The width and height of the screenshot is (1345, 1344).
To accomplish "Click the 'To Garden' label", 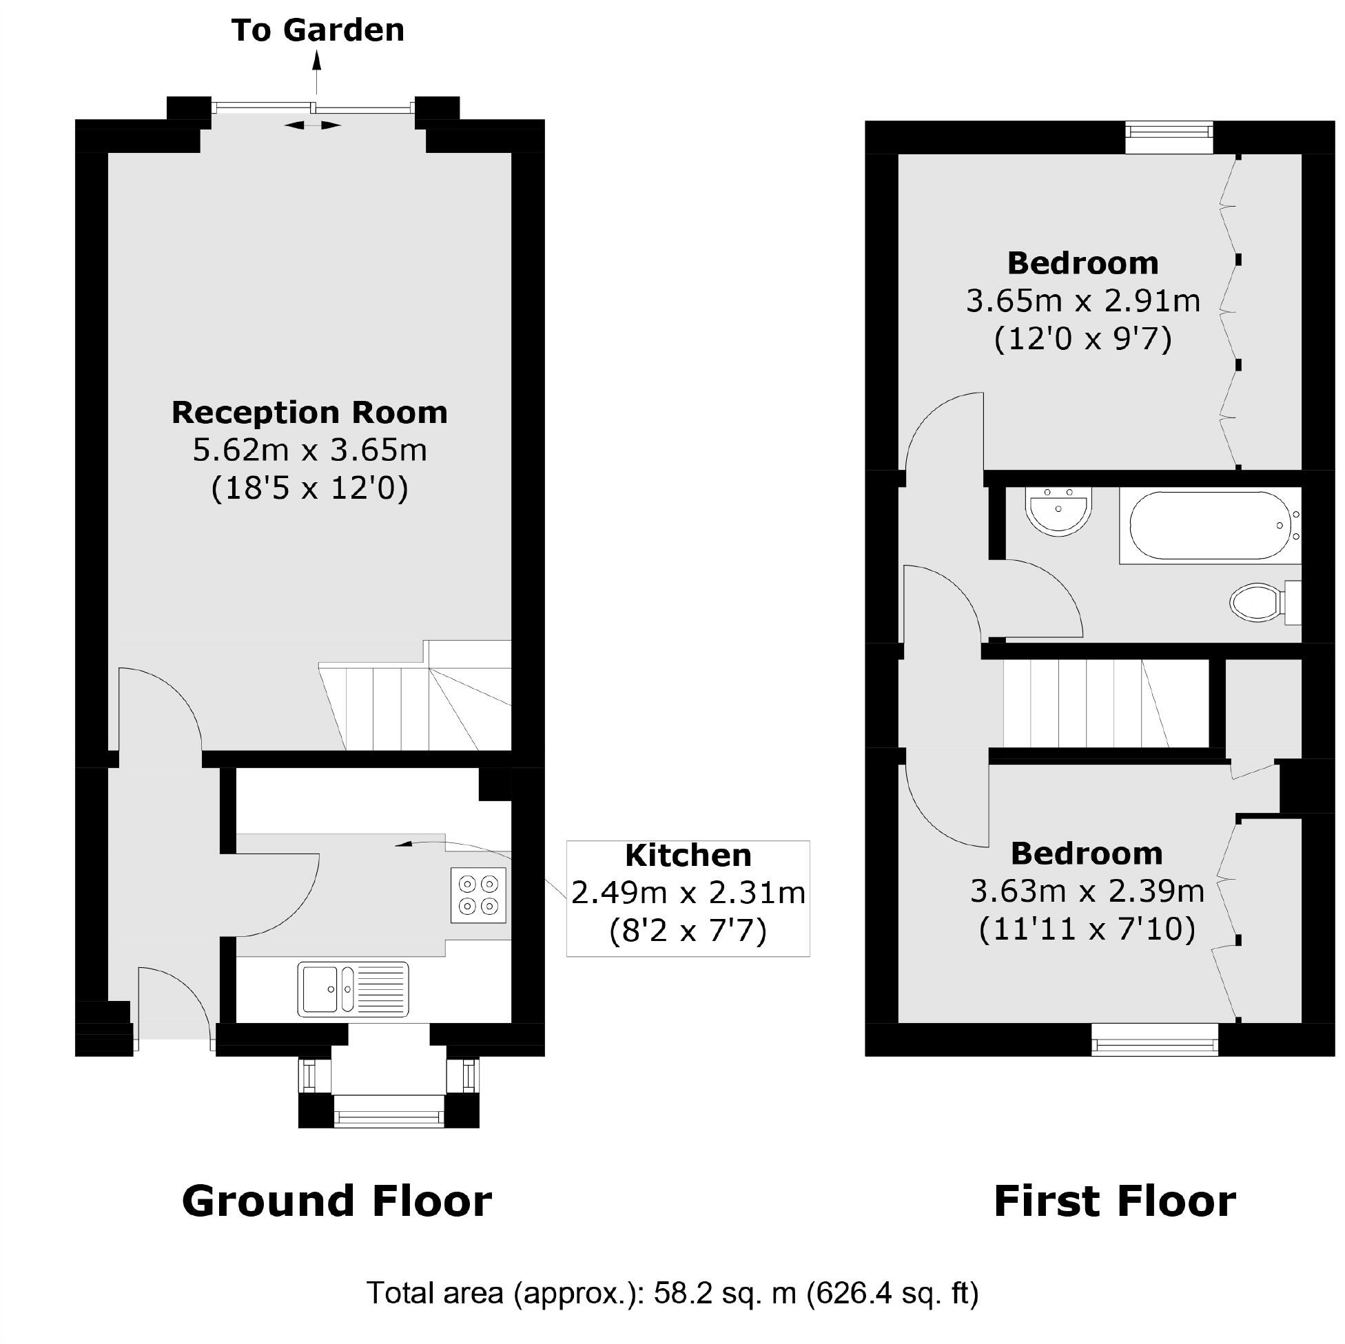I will pyautogui.click(x=318, y=30).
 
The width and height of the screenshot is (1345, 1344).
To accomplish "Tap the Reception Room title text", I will pyautogui.click(x=309, y=413).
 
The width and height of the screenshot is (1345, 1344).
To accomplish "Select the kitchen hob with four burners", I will pyautogui.click(x=478, y=894).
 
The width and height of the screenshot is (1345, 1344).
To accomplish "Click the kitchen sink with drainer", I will pyautogui.click(x=353, y=989).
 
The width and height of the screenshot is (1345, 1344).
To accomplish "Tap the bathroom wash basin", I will pyautogui.click(x=1058, y=510).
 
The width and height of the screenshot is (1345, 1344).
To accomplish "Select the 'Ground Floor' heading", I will pyautogui.click(x=336, y=1201).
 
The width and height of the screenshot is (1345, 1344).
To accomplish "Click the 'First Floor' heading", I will pyautogui.click(x=1115, y=1201).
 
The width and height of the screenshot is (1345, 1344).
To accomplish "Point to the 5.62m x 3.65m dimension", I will pyautogui.click(x=309, y=451).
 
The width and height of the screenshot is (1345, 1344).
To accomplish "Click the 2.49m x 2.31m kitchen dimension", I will pyautogui.click(x=688, y=892).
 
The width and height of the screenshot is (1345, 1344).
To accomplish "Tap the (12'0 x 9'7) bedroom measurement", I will pyautogui.click(x=1082, y=340).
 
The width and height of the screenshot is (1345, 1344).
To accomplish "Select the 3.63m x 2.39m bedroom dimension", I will pyautogui.click(x=1087, y=891).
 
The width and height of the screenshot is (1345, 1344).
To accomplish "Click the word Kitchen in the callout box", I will pyautogui.click(x=688, y=856).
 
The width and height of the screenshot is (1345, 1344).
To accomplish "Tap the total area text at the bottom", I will pyautogui.click(x=672, y=1293).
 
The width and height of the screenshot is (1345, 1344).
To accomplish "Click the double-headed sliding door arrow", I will pyautogui.click(x=313, y=125).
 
